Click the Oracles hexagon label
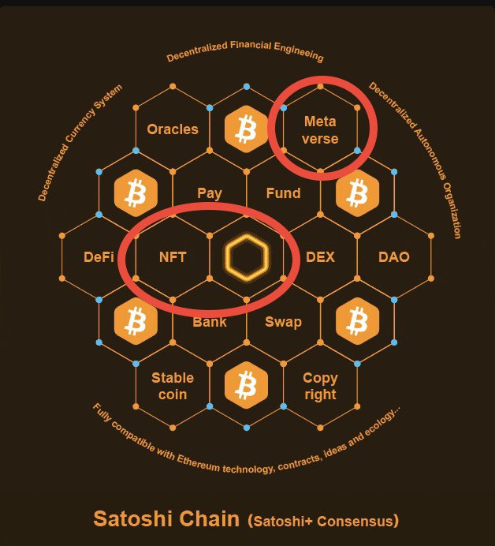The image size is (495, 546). click(173, 129)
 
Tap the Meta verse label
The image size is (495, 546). click(320, 130)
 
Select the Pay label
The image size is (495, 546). click(210, 193)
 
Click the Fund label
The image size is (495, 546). click(283, 193)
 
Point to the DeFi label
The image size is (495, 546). click(99, 257)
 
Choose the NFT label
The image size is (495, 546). click(173, 257)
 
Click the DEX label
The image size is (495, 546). click(320, 257)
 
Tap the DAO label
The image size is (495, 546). click(393, 257)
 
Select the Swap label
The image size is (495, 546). click(283, 321)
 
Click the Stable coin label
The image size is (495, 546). click(173, 386)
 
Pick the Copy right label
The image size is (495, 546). click(320, 386)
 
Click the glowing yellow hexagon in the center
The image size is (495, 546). click(247, 257)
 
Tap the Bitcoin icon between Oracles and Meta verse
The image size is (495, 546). click(247, 129)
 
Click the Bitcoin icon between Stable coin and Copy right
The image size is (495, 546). click(247, 386)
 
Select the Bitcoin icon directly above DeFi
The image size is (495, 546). click(136, 193)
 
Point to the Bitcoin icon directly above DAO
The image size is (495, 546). click(357, 193)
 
